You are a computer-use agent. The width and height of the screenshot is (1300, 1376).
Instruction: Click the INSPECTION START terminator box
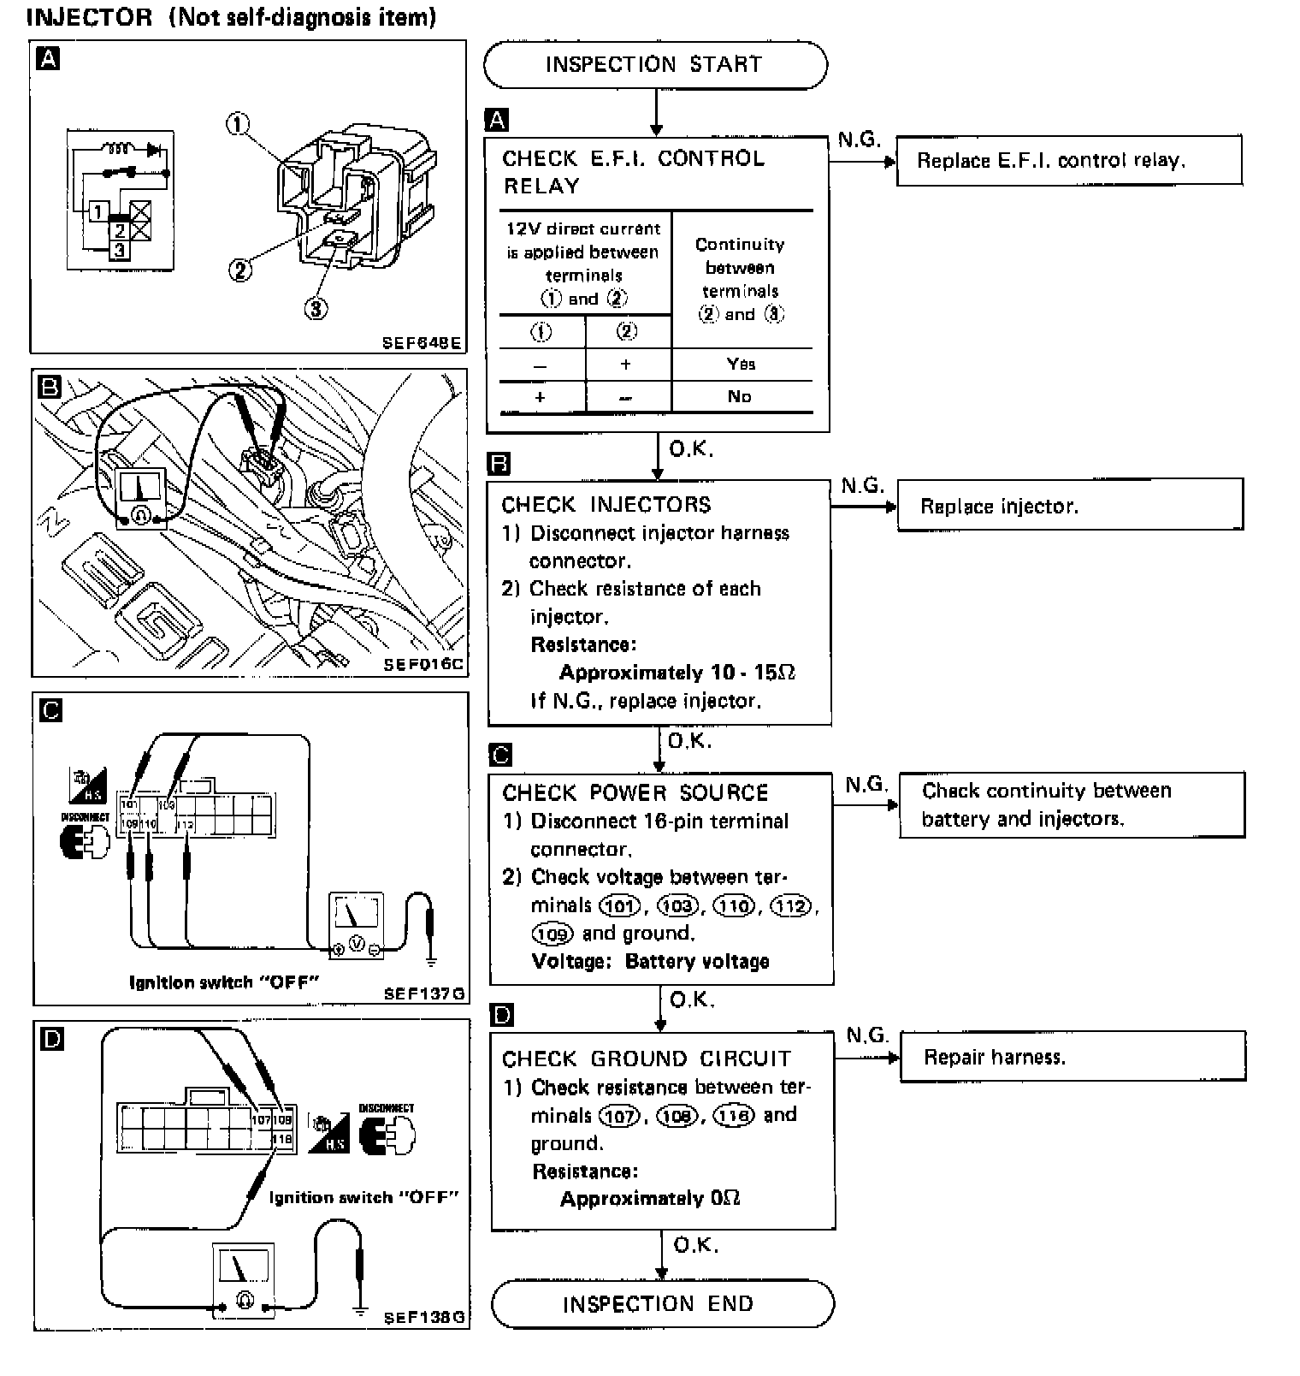[x=654, y=65]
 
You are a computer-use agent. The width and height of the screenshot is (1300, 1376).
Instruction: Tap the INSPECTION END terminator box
[x=661, y=1303]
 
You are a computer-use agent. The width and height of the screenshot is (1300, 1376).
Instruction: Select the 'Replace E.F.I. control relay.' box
[x=1068, y=160]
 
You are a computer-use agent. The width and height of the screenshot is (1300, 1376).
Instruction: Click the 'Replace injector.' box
[x=1070, y=506]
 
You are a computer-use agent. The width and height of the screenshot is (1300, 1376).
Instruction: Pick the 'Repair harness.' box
[x=1072, y=1057]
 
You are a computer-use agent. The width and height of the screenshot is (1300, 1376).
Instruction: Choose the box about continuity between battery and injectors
[x=1072, y=804]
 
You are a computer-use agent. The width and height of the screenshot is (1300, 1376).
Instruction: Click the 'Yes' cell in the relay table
[x=741, y=364]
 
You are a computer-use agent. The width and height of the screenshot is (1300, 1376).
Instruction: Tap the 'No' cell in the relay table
[x=739, y=396]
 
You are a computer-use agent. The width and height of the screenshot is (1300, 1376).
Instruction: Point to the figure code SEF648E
[x=422, y=343]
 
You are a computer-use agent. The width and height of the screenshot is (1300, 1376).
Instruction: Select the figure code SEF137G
[x=424, y=993]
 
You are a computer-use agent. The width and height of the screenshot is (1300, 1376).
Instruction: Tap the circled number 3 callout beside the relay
[x=316, y=308]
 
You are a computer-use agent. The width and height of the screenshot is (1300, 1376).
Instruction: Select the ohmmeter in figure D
[x=244, y=1278]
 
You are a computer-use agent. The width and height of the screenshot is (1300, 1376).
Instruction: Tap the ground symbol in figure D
[x=361, y=1310]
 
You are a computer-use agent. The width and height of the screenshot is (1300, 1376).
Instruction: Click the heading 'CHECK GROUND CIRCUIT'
[x=647, y=1059]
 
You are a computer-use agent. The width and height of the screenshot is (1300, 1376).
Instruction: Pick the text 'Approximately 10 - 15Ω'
[x=677, y=673]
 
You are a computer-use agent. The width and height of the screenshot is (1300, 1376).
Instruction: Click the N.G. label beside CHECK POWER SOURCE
[x=866, y=785]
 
